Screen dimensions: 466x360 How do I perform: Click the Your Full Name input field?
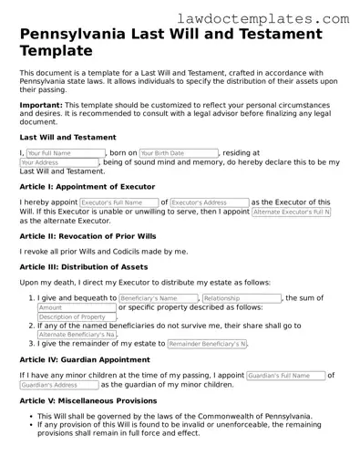(x=65, y=153)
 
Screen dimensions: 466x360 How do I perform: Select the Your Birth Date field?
(x=179, y=153)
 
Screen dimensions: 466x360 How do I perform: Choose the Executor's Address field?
(x=209, y=202)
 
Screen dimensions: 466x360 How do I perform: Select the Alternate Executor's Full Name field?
(x=291, y=212)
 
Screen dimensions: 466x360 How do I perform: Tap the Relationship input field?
(x=242, y=298)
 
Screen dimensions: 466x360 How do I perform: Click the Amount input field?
(x=76, y=308)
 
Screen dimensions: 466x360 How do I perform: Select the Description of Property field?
(x=77, y=317)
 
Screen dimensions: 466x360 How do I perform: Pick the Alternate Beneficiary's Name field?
(x=77, y=335)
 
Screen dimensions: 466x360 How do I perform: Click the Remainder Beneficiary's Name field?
(x=208, y=344)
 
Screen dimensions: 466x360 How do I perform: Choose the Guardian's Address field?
(x=58, y=385)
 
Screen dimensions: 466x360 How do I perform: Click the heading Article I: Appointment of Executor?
(x=87, y=185)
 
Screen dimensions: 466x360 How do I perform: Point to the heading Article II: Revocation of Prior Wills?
(x=91, y=235)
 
